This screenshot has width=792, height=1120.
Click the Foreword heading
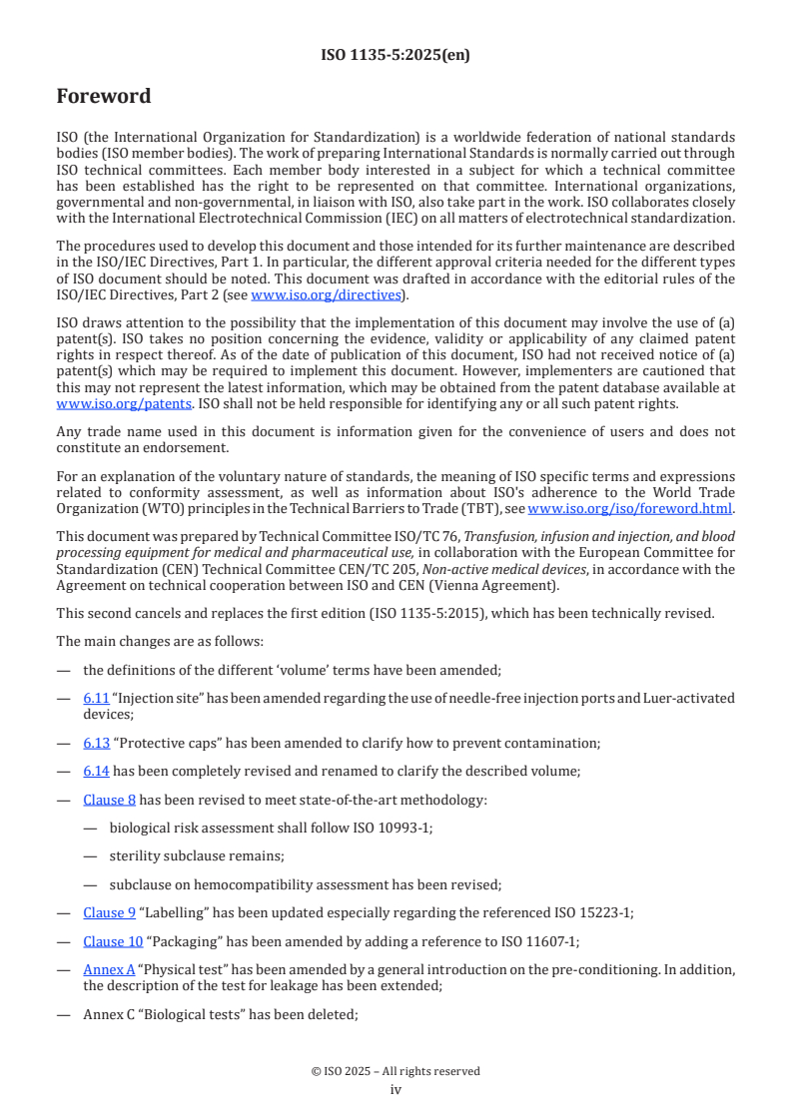pyautogui.click(x=104, y=97)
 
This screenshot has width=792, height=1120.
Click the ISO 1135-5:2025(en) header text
pyautogui.click(x=396, y=56)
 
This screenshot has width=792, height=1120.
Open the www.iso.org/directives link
pyautogui.click(x=326, y=294)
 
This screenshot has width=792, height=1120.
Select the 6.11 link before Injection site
pyautogui.click(x=96, y=698)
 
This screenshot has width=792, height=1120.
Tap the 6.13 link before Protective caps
pyautogui.click(x=96, y=743)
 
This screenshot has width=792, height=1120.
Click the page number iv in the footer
pyautogui.click(x=396, y=1090)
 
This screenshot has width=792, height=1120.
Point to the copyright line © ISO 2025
pyautogui.click(x=396, y=1071)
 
